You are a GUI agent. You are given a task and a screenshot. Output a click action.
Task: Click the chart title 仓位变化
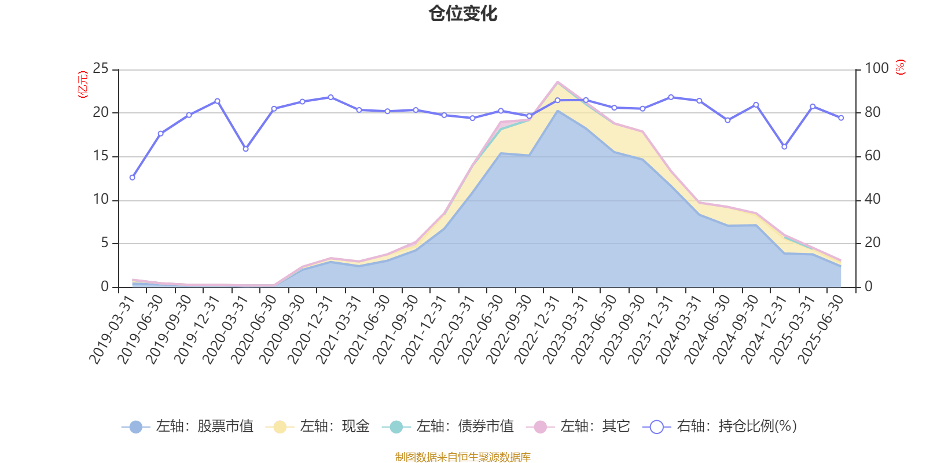463,13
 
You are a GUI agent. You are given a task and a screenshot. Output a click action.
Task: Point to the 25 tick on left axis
101,69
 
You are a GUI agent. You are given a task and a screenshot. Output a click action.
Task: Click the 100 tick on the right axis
877,69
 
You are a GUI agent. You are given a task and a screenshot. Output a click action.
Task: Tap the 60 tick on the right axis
873,156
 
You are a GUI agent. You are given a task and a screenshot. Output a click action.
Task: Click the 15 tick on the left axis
101,156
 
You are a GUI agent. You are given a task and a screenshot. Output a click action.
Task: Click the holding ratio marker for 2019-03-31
132,178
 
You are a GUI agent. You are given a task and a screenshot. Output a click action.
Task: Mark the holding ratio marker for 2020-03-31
245,149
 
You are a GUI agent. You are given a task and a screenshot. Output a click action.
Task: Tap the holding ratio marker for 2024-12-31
784,147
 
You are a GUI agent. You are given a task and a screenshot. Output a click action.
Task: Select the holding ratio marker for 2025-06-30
841,118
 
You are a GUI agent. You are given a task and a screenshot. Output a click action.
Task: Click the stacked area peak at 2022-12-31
557,82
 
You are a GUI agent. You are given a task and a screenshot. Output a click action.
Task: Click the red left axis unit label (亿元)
83,84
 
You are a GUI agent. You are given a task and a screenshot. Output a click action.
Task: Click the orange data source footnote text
463,457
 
